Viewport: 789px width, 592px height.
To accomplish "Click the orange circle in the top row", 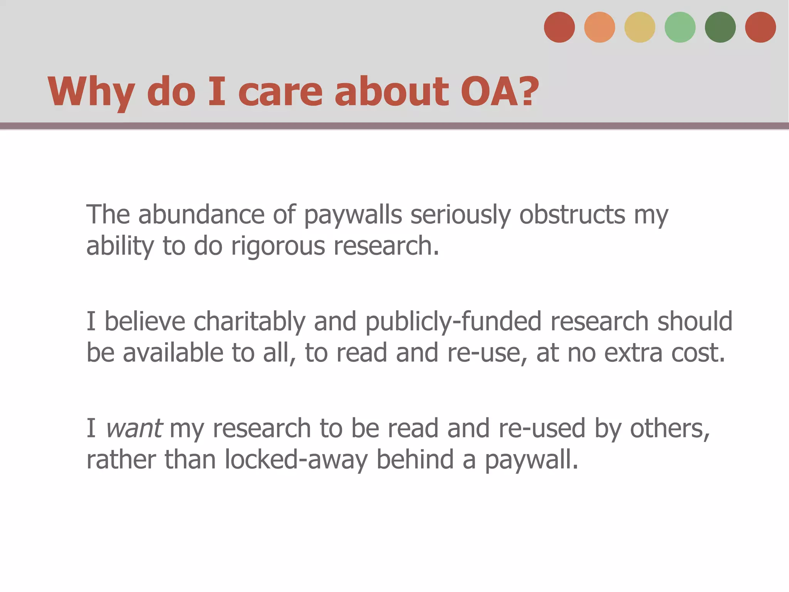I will [x=599, y=27].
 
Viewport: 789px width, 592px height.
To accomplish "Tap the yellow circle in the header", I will [x=640, y=27].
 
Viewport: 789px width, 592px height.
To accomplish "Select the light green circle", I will [x=680, y=27].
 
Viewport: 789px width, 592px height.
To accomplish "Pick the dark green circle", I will [x=720, y=27].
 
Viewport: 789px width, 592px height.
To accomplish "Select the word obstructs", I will [x=572, y=214].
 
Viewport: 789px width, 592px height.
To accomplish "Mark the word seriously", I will [x=460, y=215].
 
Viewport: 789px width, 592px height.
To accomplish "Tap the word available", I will [x=173, y=353].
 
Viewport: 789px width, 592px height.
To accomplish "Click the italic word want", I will [x=134, y=429].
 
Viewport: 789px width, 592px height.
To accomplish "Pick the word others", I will [x=669, y=429].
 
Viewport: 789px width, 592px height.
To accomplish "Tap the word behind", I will [x=415, y=459].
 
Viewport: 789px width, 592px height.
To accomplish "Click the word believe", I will [x=145, y=321].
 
